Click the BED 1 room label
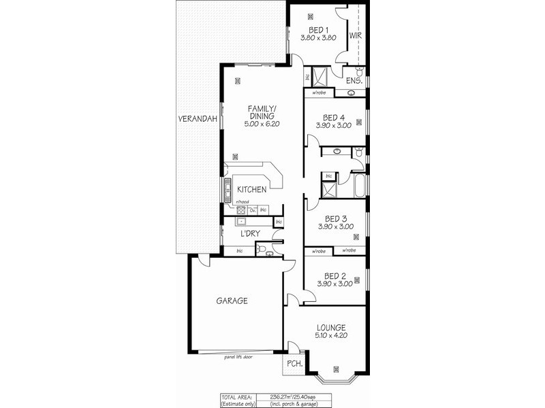point(319,30)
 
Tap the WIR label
point(355,35)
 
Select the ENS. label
point(354,81)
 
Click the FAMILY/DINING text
point(261,112)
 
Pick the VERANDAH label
point(198,118)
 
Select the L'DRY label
point(250,234)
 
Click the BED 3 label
point(334,218)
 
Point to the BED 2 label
point(334,275)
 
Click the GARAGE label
point(232,301)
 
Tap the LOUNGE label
point(330,327)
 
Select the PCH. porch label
point(295,364)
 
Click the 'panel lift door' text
point(238,356)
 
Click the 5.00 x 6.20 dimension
point(261,124)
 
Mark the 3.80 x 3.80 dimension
point(319,38)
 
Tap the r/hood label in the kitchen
point(241,203)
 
